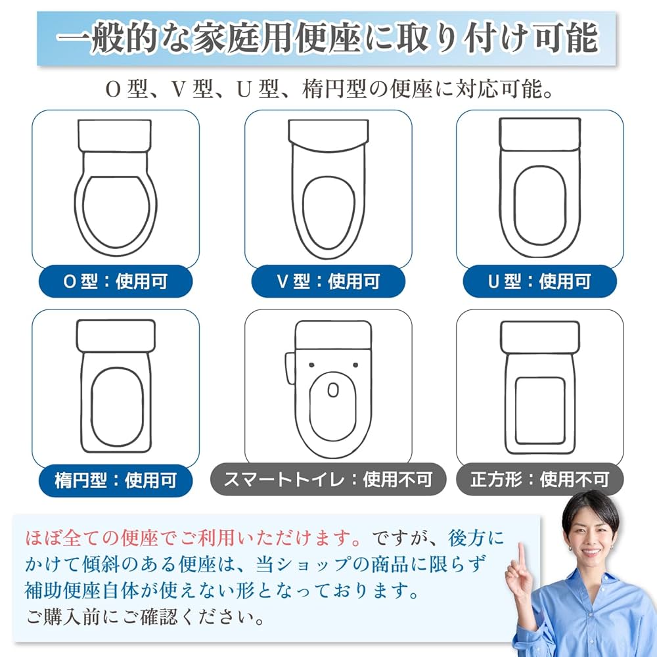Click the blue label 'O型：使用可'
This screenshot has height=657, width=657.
[116, 282]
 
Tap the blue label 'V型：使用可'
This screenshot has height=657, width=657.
[328, 282]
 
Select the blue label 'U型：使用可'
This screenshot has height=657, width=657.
[539, 282]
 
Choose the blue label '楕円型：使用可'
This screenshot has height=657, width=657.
[116, 480]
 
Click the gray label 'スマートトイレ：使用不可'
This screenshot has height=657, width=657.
[328, 479]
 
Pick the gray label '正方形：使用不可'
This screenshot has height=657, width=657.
[539, 479]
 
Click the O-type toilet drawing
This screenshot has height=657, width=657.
[116, 187]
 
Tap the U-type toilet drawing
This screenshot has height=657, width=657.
[539, 187]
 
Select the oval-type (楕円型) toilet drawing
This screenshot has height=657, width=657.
[116, 388]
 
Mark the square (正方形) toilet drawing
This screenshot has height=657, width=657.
[539, 388]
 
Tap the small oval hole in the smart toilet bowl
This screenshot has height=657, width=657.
[332, 390]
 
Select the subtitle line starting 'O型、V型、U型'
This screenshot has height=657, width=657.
[328, 89]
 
